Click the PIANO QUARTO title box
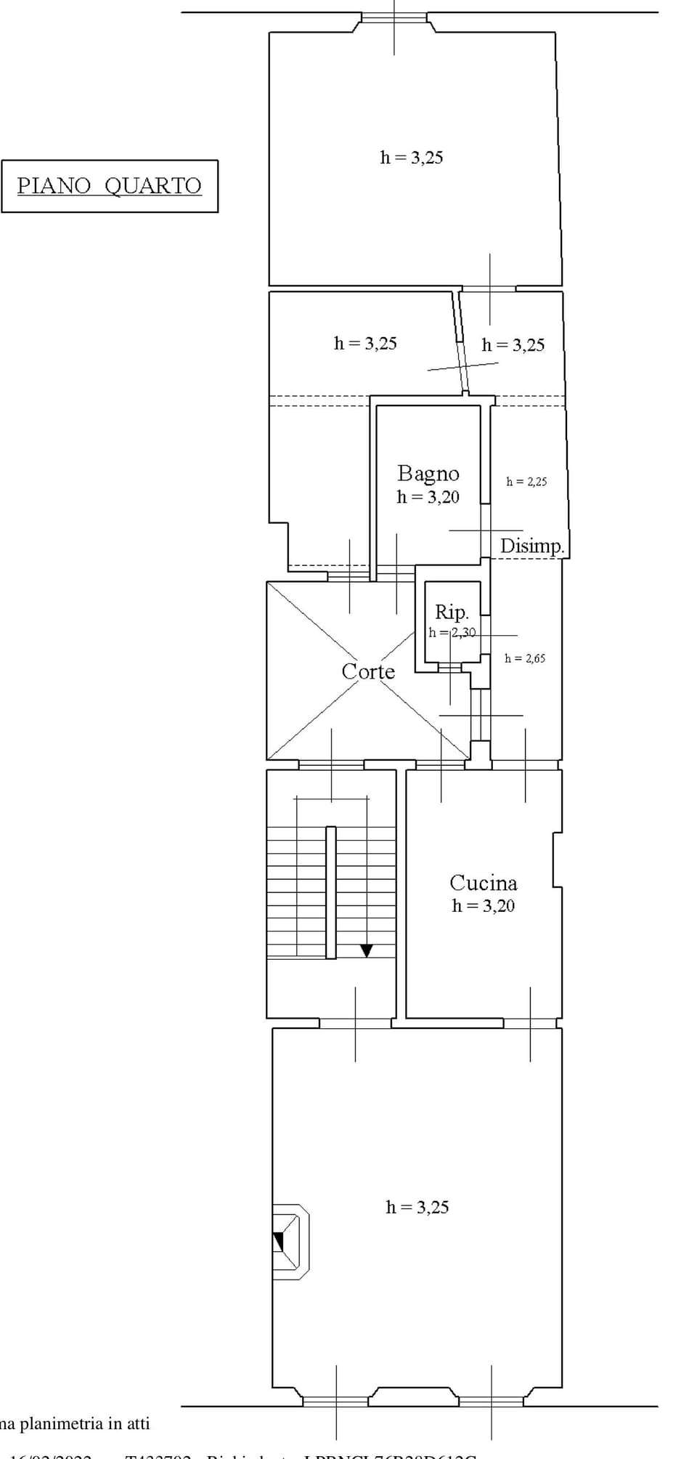pyautogui.click(x=110, y=186)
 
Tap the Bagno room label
pyautogui.click(x=428, y=474)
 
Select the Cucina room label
pyautogui.click(x=483, y=883)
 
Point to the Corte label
pyautogui.click(x=368, y=671)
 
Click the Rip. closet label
pyautogui.click(x=452, y=612)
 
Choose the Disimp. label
pyautogui.click(x=531, y=546)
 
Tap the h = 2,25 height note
pyautogui.click(x=526, y=482)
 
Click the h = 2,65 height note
pyautogui.click(x=525, y=658)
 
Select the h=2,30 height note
pyautogui.click(x=452, y=632)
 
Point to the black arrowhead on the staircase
pyautogui.click(x=367, y=950)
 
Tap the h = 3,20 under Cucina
pyautogui.click(x=483, y=906)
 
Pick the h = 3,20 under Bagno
pyautogui.click(x=428, y=497)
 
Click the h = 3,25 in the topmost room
pyautogui.click(x=411, y=158)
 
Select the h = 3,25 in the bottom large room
pyautogui.click(x=417, y=1208)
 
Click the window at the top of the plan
pyautogui.click(x=394, y=17)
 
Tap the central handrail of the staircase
pyautogui.click(x=330, y=892)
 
